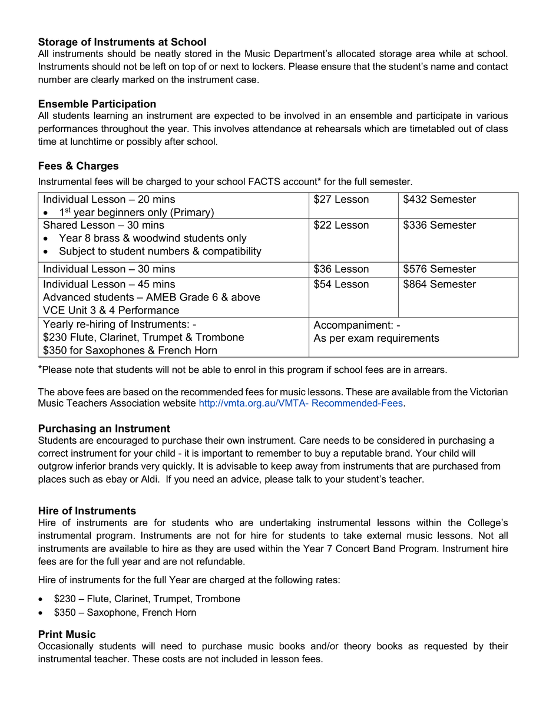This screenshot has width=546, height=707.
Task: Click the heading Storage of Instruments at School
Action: tap(122, 42)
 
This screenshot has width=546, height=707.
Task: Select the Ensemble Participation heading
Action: tap(97, 104)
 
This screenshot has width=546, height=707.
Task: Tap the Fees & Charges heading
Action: tap(78, 166)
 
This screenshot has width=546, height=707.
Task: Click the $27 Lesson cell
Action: tap(341, 200)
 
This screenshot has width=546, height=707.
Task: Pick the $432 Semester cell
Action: tap(439, 200)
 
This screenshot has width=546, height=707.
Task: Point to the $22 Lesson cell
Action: tap(341, 226)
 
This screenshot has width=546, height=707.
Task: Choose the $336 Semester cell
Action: tap(439, 226)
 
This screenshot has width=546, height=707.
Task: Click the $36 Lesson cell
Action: tap(341, 269)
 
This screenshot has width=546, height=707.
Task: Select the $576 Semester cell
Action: tap(439, 269)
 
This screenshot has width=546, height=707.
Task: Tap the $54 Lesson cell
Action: tap(341, 285)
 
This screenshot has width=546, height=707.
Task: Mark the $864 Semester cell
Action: tap(439, 285)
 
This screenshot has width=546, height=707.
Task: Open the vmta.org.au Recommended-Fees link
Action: tap(301, 404)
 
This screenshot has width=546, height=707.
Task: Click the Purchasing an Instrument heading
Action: tap(104, 429)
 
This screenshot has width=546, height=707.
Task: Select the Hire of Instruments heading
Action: tap(87, 511)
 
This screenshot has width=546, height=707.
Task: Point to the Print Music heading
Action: tap(67, 635)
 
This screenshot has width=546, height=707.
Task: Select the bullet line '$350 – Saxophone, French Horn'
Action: tap(125, 613)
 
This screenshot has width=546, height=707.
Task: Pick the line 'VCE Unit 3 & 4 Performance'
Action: tap(111, 310)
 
